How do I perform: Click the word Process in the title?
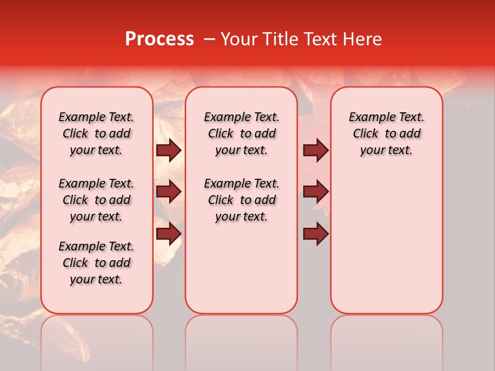(x=159, y=39)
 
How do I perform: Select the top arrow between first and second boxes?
(x=169, y=150)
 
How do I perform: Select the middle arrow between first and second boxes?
(x=169, y=192)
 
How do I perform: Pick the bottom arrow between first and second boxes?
(x=169, y=233)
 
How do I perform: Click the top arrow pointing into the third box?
(x=316, y=150)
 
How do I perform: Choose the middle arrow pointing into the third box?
(x=316, y=192)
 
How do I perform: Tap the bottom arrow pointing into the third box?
(x=316, y=233)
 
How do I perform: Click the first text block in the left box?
(x=96, y=133)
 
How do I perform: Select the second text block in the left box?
(x=96, y=200)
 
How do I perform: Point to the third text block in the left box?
(x=96, y=263)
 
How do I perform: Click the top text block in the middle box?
(x=241, y=133)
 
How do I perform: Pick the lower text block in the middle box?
(x=241, y=200)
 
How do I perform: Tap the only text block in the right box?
(x=386, y=133)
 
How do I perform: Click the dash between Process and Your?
(x=209, y=40)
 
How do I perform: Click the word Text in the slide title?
(x=319, y=39)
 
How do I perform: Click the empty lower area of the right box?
(x=386, y=242)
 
